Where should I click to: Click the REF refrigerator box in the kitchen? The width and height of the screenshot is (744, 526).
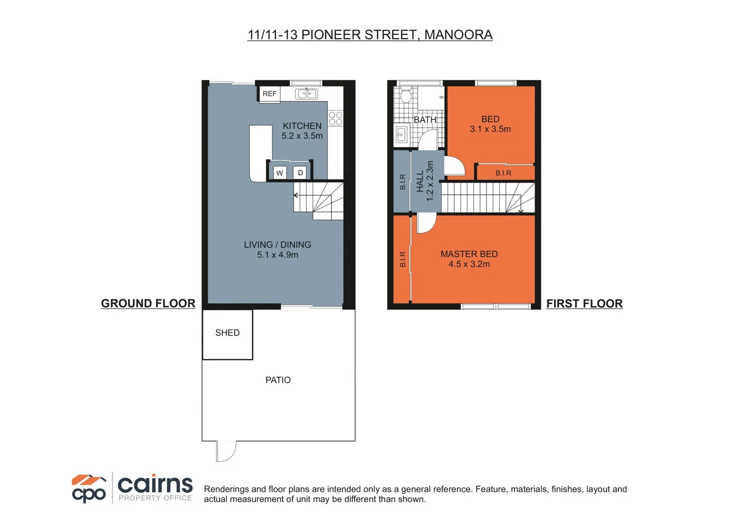269,94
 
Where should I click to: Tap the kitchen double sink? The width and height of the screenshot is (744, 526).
307,94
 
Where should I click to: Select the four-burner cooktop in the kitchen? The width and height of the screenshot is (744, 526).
335,118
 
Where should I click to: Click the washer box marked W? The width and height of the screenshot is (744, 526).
279,173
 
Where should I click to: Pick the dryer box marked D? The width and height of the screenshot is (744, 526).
300,173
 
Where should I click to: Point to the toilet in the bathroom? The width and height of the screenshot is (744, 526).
405,95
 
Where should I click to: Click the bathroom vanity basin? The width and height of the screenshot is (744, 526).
401,133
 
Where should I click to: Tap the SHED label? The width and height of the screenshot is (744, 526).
227,333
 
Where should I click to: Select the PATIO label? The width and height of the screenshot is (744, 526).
278,380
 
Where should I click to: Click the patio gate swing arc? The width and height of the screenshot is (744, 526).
226,451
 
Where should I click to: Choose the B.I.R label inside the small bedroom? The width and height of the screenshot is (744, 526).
503,173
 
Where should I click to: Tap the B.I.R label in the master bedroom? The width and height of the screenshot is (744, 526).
403,259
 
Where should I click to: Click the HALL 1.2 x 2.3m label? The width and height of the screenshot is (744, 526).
425,181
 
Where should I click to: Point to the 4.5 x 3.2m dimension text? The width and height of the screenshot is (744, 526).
469,264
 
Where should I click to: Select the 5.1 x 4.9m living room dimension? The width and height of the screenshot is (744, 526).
278,255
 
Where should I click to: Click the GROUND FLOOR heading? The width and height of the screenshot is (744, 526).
148,303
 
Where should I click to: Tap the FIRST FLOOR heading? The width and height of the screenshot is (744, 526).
584,303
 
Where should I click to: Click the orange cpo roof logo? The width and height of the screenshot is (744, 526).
89,480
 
